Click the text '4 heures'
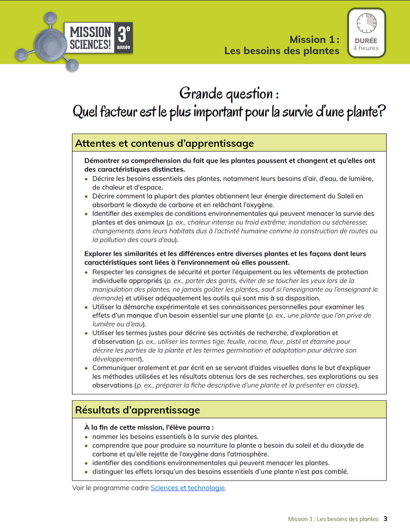(366, 48)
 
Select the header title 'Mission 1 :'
(314, 39)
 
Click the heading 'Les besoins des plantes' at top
(282, 51)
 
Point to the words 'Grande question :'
(229, 94)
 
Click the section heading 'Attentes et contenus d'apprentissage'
(165, 144)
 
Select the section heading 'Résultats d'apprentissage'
(137, 410)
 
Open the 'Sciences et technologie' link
(187, 487)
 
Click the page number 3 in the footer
(386, 519)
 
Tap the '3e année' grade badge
(124, 38)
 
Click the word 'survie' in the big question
(310, 112)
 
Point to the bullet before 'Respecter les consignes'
(87, 272)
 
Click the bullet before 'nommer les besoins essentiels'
(87, 436)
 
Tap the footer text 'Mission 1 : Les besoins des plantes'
(333, 519)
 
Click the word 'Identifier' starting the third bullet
(109, 214)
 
